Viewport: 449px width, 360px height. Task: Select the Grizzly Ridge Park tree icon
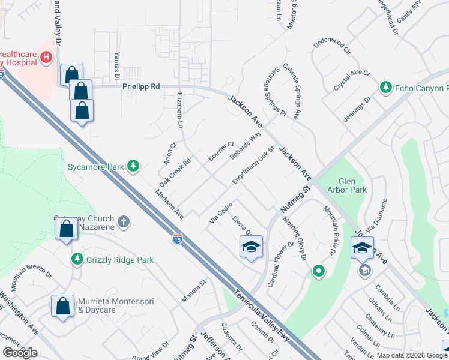point(77,259)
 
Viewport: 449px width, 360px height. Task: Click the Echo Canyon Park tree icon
point(386,88)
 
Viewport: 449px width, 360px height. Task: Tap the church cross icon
point(124,223)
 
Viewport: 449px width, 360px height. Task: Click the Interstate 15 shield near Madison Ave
point(177,238)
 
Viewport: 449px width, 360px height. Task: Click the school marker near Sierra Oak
point(251,246)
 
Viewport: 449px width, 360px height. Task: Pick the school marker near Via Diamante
point(362,248)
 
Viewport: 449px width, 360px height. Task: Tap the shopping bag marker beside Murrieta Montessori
point(63,307)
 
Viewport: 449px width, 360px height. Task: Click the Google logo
point(20,353)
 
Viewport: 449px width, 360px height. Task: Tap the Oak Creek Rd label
point(175,172)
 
